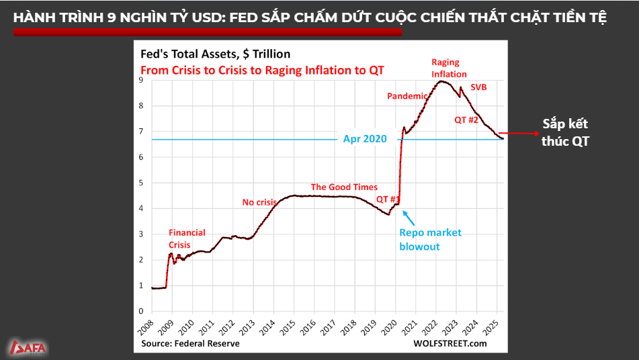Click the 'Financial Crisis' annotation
coord(187,239)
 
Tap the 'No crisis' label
coord(259,202)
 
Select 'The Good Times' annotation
coord(344,187)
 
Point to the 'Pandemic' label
coord(407,96)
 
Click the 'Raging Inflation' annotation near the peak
coord(449,69)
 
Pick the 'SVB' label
coord(478,87)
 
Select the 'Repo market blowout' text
coord(430,240)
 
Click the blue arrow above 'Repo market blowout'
coord(409,218)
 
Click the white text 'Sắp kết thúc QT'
coord(566,132)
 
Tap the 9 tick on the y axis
coord(141,80)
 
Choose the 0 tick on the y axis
coord(141,311)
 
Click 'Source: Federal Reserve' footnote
coord(190,343)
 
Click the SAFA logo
coord(28,348)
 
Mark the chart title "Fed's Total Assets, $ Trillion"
coord(214,54)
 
